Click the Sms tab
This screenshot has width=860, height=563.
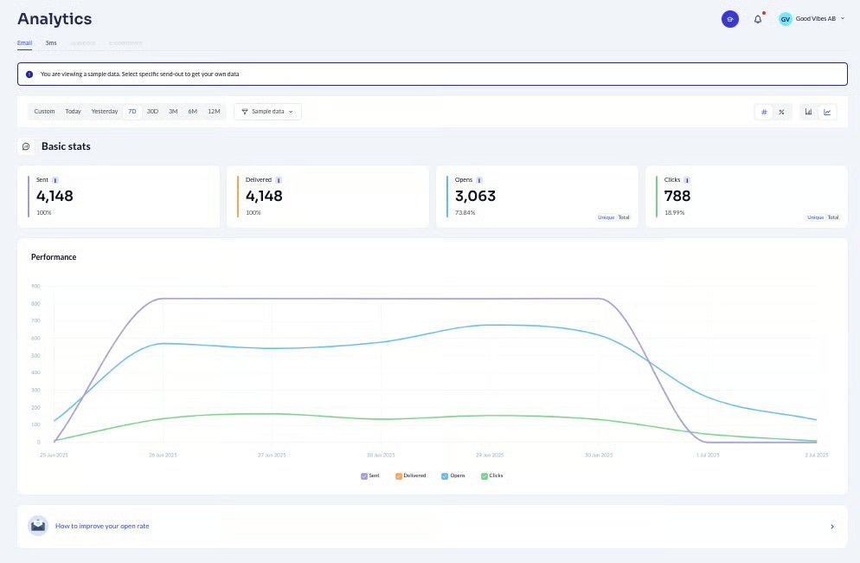(x=51, y=42)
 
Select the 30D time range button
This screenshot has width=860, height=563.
(x=152, y=112)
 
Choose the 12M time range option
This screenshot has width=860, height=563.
(x=214, y=112)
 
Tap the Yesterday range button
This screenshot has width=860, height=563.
(x=105, y=112)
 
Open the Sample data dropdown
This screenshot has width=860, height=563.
(x=267, y=112)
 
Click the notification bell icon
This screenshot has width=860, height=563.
(x=758, y=19)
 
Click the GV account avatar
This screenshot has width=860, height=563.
(x=785, y=19)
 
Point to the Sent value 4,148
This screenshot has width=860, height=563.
(x=55, y=196)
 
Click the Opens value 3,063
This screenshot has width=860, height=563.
(x=475, y=196)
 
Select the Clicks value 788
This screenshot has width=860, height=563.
(x=677, y=196)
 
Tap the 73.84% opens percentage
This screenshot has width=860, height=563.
(x=465, y=212)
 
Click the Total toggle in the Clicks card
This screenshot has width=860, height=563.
(x=832, y=217)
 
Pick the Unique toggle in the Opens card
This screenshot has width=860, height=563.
(x=606, y=217)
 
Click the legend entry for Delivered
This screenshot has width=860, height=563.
(x=410, y=476)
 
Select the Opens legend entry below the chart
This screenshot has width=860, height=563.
(x=454, y=476)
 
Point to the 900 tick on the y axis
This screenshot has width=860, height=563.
(x=35, y=286)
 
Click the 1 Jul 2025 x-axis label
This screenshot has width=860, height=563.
(x=709, y=455)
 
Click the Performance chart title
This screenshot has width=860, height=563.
(x=54, y=257)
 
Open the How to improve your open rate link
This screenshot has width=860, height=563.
(x=102, y=526)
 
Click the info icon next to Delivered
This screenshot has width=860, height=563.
(x=279, y=180)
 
